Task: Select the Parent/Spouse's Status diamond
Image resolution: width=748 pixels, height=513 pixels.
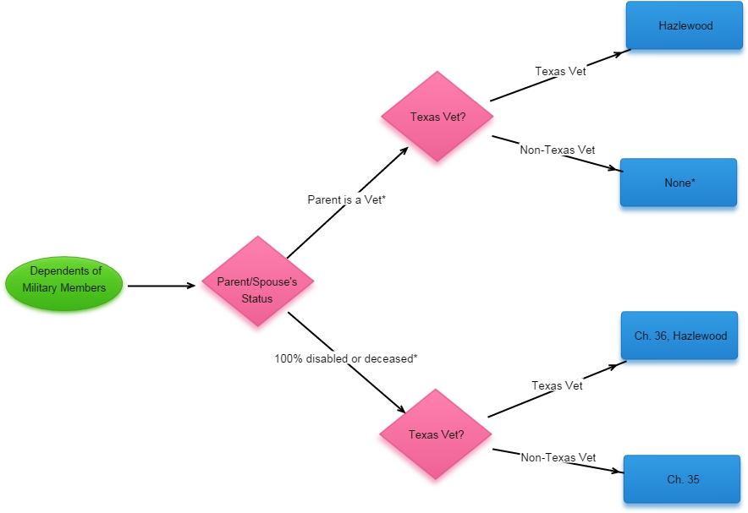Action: [x=257, y=286]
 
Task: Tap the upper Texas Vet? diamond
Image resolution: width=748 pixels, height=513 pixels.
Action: [x=437, y=119]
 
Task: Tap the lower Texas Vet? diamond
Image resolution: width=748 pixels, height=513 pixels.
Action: [x=435, y=437]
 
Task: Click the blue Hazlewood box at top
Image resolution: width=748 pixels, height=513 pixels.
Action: [x=685, y=28]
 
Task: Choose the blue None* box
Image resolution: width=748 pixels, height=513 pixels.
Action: [x=679, y=184]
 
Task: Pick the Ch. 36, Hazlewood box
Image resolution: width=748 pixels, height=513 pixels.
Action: [x=679, y=337]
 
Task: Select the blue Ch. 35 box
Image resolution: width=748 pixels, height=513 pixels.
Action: [x=682, y=480]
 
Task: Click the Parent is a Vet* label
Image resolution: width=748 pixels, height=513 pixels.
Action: [x=346, y=199]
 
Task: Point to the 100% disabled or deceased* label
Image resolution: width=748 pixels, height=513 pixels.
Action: [x=345, y=358]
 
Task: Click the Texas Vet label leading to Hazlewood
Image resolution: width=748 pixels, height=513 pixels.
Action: [x=560, y=71]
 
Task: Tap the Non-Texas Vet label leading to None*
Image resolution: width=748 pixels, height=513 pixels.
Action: [x=558, y=150]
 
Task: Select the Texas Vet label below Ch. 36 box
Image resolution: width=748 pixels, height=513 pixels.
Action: [x=557, y=385]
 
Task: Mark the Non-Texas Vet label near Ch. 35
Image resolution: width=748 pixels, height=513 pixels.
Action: [x=558, y=457]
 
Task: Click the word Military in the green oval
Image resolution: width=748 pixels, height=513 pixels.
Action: [x=43, y=288]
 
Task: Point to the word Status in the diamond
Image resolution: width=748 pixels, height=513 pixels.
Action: [x=257, y=298]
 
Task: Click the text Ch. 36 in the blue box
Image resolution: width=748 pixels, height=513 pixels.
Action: [x=651, y=336]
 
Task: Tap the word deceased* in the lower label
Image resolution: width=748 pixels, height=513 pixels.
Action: [x=391, y=358]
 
